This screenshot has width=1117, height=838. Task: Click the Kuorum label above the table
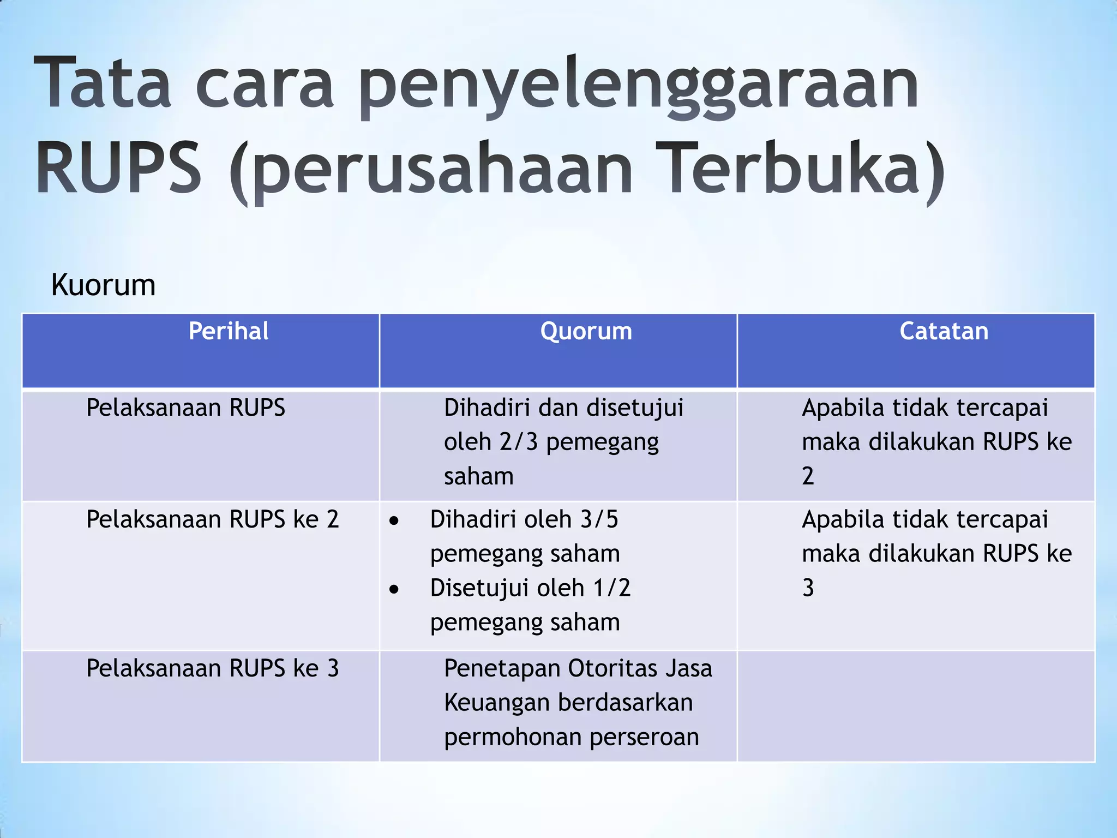click(103, 285)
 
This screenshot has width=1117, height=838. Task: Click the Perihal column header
click(228, 331)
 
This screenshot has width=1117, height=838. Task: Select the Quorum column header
click(586, 331)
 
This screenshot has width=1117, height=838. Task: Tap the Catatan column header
click(944, 331)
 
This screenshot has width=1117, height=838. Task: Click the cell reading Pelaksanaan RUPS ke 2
click(212, 519)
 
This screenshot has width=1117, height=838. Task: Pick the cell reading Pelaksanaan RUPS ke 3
click(212, 668)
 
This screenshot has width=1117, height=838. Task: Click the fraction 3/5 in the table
click(599, 519)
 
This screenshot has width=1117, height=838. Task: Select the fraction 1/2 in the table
click(612, 588)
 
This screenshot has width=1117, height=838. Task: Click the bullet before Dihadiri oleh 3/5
click(394, 522)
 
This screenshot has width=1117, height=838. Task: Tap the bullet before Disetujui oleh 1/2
click(394, 590)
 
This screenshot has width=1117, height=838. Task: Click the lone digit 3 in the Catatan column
click(808, 588)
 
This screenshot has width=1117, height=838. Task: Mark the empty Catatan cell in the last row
click(916, 706)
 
